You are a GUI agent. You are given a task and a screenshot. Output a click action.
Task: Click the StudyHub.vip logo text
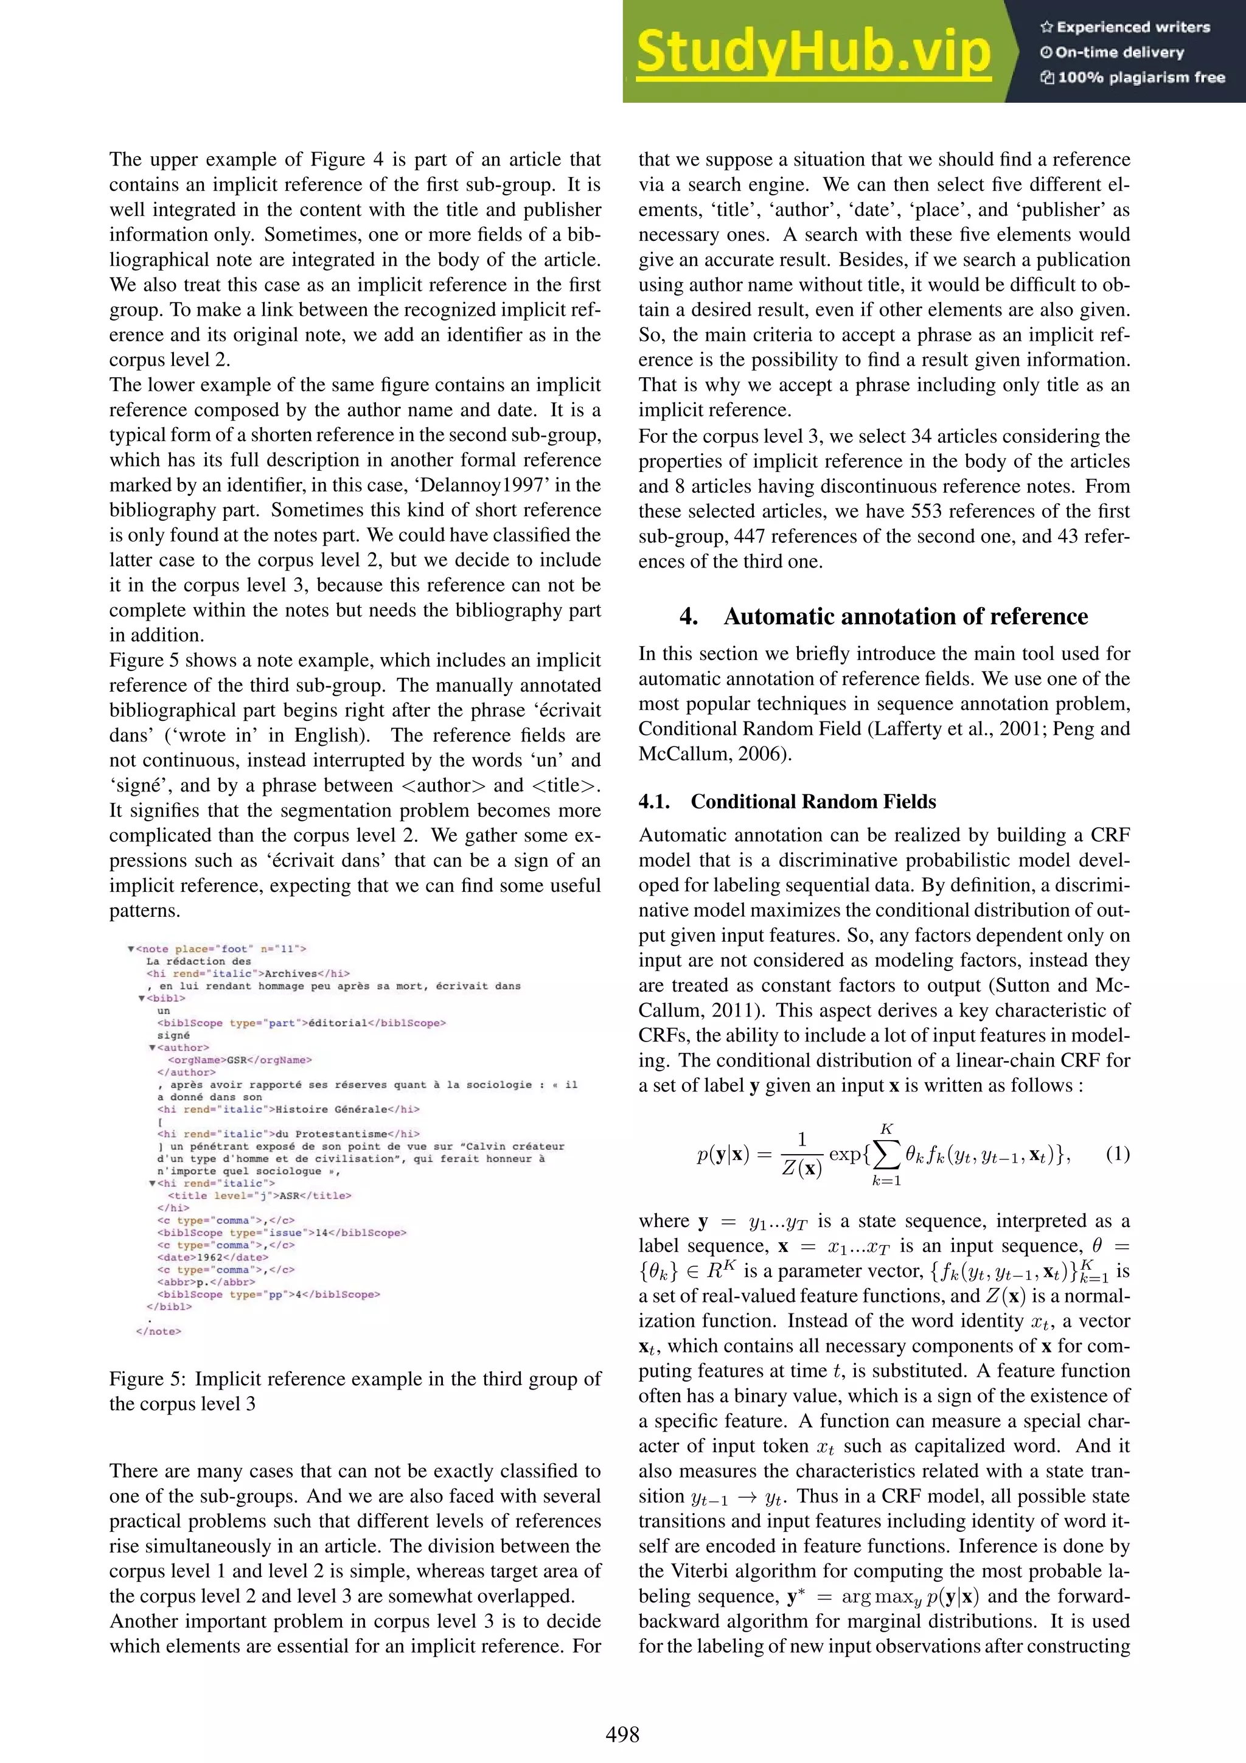[813, 52]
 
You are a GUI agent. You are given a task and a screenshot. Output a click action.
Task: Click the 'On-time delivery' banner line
[1119, 52]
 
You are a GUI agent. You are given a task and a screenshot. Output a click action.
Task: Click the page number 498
[622, 1734]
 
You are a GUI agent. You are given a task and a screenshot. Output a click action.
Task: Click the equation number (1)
[1117, 1153]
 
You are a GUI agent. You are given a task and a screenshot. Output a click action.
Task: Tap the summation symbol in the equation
[886, 1154]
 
